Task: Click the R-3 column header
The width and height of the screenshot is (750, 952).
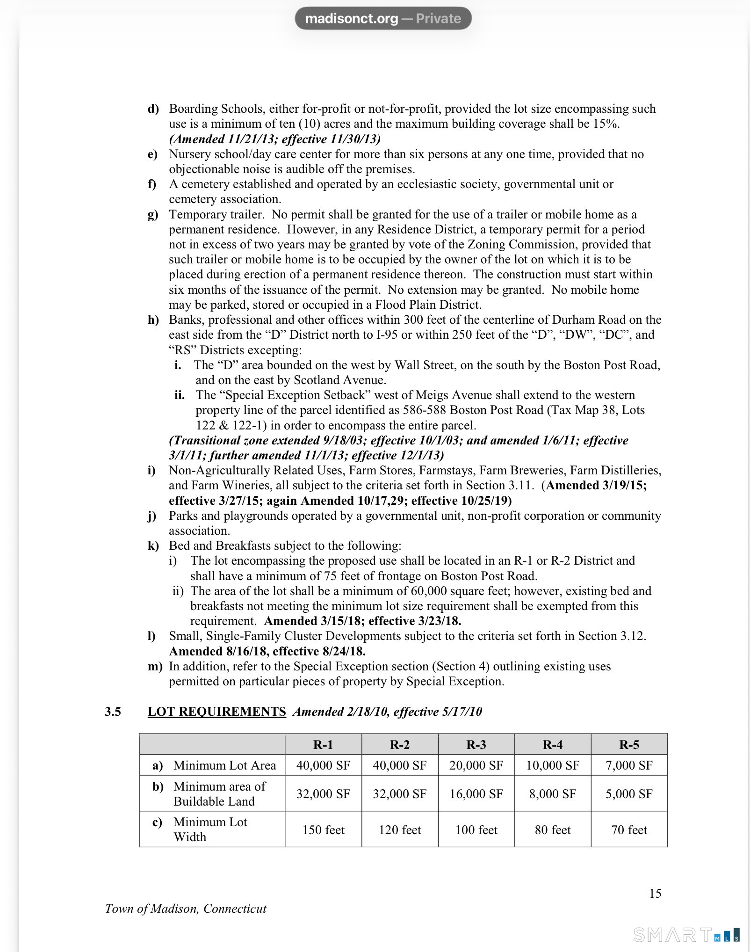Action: point(476,744)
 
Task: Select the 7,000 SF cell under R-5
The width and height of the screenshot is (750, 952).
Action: point(629,765)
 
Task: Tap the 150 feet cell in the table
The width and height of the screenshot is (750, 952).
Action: point(323,829)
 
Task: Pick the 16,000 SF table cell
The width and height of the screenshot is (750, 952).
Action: point(476,794)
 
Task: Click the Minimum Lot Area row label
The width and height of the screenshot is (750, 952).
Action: point(224,765)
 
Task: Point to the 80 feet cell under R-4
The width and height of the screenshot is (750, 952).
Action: point(553,829)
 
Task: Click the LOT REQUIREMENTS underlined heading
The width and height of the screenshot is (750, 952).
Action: point(216,712)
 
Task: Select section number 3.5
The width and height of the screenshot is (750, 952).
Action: point(113,712)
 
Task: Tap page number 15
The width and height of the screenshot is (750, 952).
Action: point(655,894)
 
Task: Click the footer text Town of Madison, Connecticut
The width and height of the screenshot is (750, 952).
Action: point(186,908)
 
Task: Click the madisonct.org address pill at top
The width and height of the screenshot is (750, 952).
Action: point(383,19)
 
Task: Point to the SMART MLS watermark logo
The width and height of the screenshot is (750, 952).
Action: point(686,935)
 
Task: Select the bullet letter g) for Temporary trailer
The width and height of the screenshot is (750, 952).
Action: point(153,214)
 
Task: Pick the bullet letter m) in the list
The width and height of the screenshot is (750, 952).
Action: point(155,666)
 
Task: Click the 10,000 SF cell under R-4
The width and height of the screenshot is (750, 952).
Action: point(553,765)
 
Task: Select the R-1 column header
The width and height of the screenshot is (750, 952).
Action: point(323,744)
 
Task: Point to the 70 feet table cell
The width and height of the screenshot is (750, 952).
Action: point(629,829)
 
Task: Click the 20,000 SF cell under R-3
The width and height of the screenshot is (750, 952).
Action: point(476,765)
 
